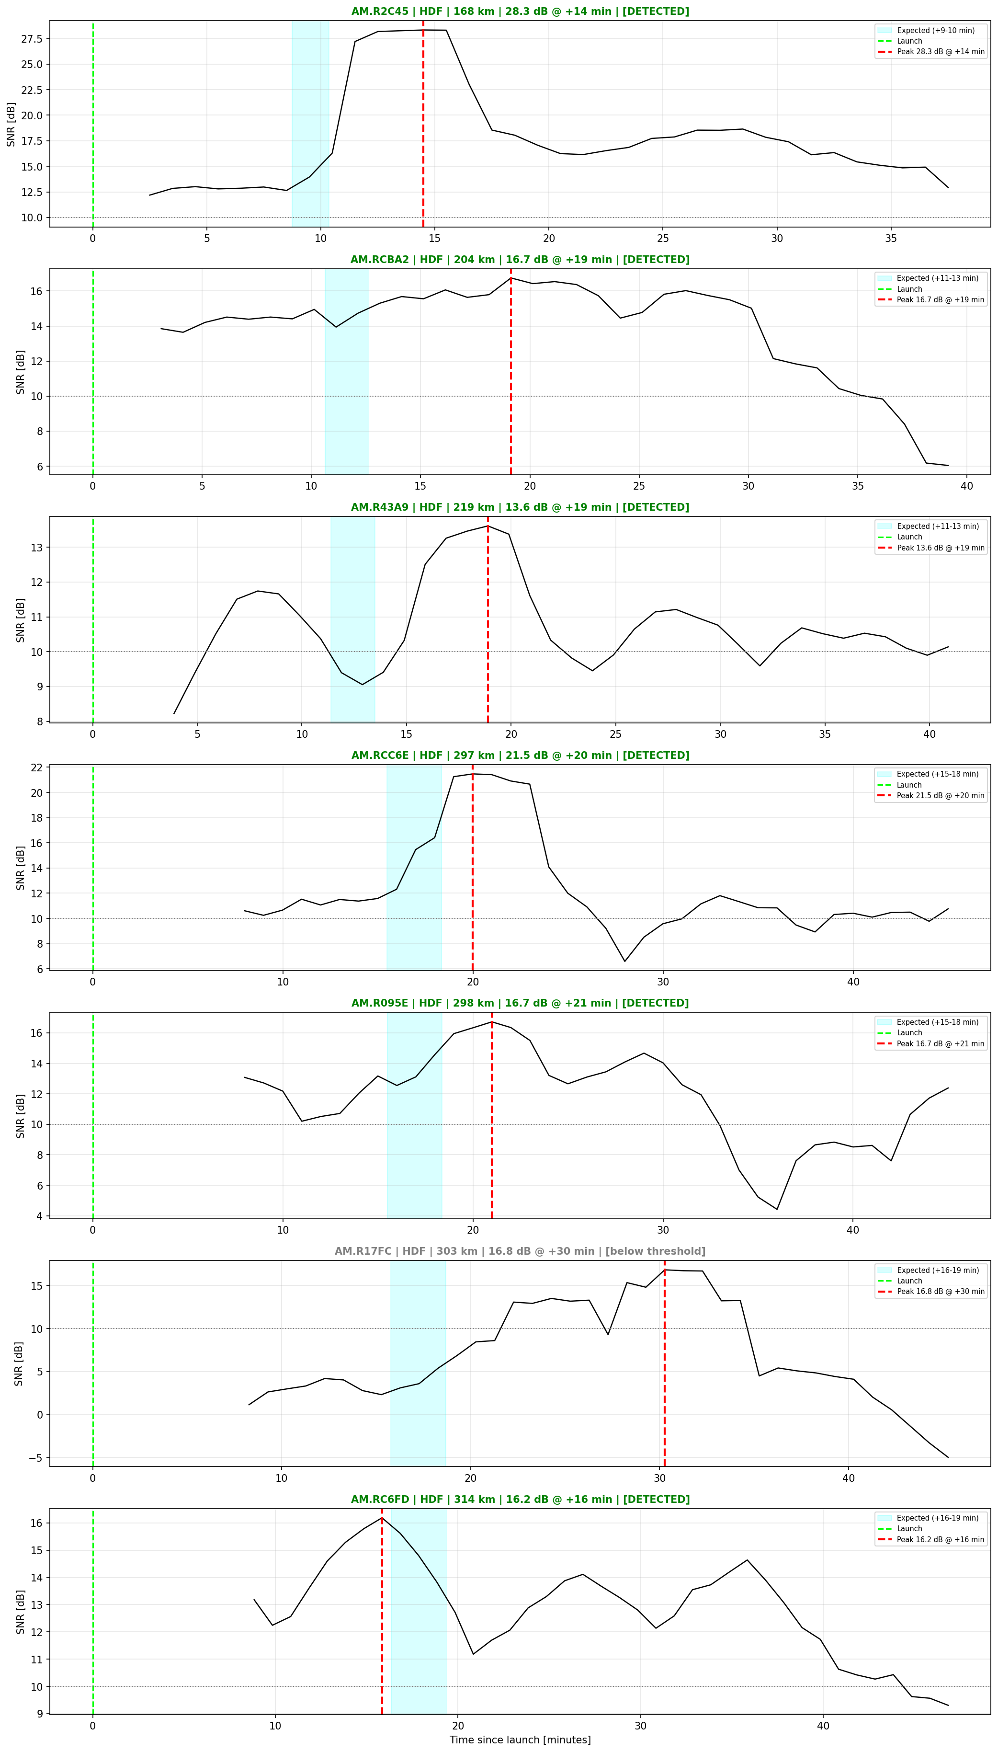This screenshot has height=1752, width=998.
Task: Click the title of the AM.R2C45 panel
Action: click(x=520, y=11)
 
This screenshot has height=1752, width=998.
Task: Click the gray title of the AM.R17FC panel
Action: click(x=520, y=1251)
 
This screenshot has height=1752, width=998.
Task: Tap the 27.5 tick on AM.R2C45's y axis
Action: click(x=32, y=39)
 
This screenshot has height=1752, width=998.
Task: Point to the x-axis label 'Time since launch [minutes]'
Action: click(x=520, y=1740)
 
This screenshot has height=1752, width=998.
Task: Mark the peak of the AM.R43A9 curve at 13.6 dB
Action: click(x=488, y=527)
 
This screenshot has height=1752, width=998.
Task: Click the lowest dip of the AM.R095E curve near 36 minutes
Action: click(x=777, y=1209)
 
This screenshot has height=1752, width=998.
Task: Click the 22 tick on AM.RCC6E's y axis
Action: click(x=35, y=767)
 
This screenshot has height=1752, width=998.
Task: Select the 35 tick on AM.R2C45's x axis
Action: click(x=890, y=239)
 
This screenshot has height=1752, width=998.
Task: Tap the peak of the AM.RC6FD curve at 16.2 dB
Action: click(x=382, y=1517)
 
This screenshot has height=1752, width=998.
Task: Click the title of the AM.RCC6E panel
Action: click(x=520, y=756)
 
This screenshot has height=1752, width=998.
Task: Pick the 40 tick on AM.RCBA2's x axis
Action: click(x=966, y=486)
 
